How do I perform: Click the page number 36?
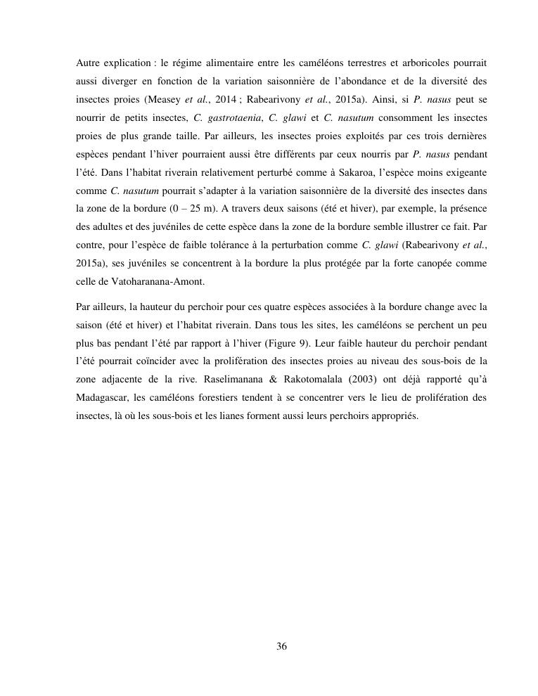(281, 647)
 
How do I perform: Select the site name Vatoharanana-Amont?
(162, 282)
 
